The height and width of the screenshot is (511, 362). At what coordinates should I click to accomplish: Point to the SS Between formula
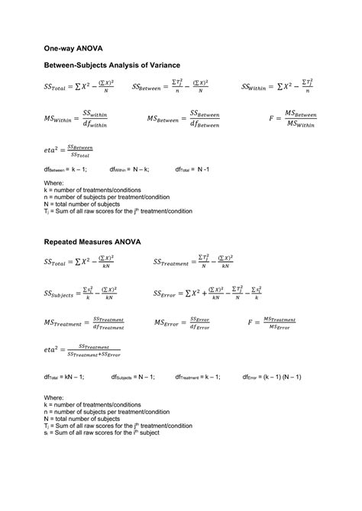pyautogui.click(x=170, y=87)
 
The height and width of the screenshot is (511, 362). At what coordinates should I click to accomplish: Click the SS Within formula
pyautogui.click(x=278, y=87)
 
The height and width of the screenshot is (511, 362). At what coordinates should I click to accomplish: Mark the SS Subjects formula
pyautogui.click(x=81, y=293)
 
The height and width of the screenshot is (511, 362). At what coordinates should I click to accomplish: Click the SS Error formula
pyautogui.click(x=208, y=293)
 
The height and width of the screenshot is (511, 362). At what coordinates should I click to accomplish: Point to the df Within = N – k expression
pyautogui.click(x=129, y=170)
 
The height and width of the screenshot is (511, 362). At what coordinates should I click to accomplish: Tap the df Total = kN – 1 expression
pyautogui.click(x=64, y=377)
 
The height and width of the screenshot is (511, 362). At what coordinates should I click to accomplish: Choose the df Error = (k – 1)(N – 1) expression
pyautogui.click(x=272, y=377)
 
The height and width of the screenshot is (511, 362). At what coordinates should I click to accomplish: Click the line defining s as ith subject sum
pyautogui.click(x=106, y=433)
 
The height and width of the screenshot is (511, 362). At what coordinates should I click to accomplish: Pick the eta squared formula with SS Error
pyautogui.click(x=82, y=350)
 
